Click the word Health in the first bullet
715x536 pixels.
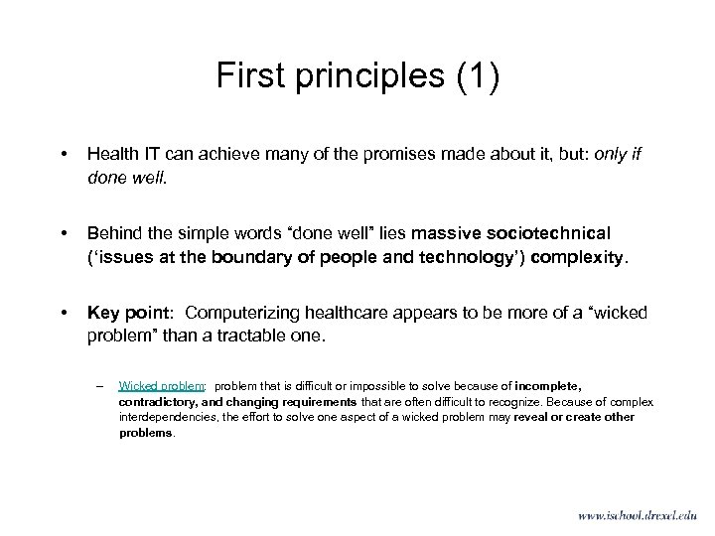[x=112, y=155]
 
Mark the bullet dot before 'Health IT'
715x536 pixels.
[x=64, y=156]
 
